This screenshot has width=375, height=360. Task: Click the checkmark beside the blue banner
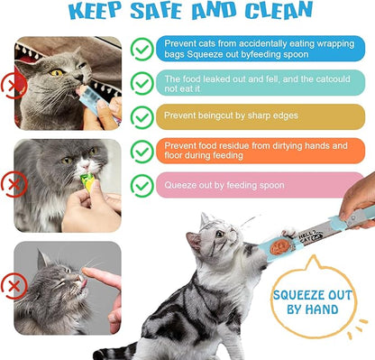tap(142, 48)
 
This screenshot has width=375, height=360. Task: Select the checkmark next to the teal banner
tap(142, 83)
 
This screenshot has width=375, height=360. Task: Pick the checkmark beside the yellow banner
tap(142, 116)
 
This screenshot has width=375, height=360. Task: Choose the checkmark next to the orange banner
tap(142, 151)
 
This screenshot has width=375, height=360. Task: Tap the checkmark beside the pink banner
tap(142, 185)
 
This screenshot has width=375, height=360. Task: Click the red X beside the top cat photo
tap(12, 85)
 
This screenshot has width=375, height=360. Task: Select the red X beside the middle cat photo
tap(12, 186)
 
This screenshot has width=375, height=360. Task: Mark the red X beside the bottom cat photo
tap(12, 288)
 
